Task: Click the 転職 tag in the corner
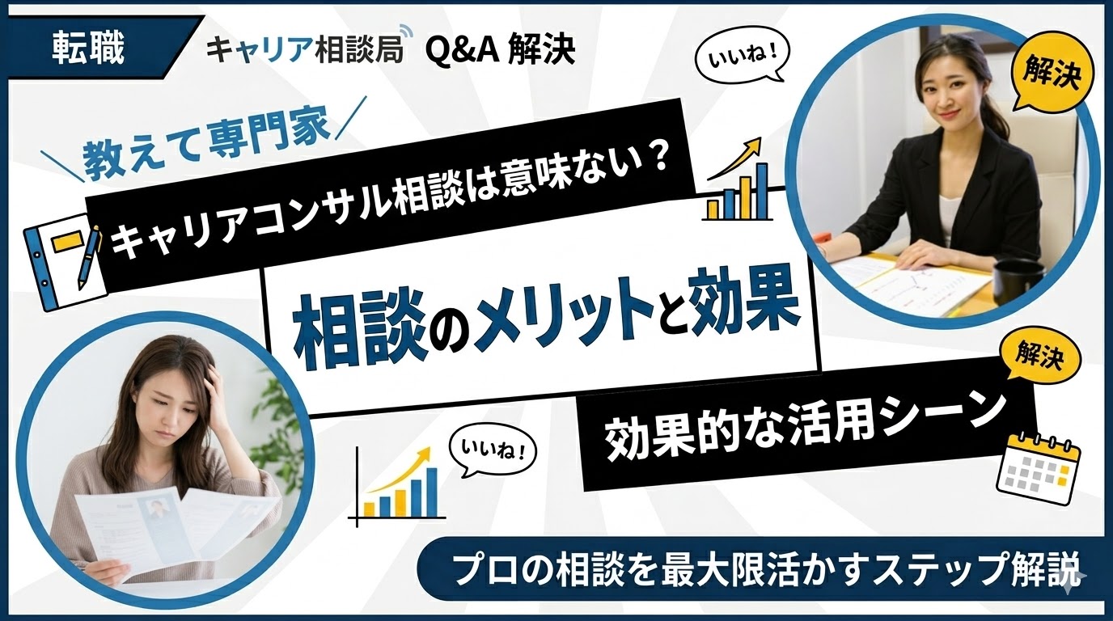[88, 49]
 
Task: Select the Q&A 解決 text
[500, 50]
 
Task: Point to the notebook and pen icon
[63, 256]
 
